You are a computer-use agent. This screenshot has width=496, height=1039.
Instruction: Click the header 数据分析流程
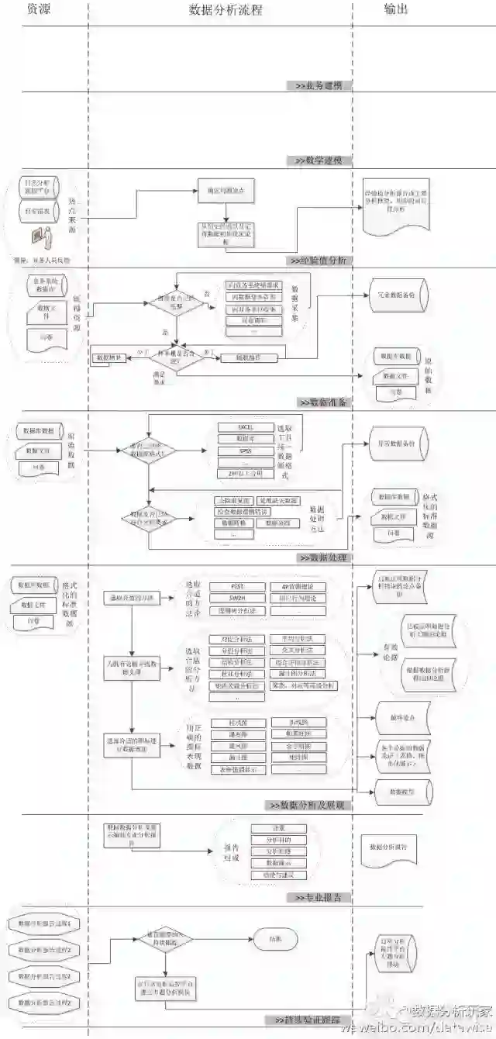(225, 9)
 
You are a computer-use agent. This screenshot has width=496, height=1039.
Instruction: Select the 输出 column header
(397, 9)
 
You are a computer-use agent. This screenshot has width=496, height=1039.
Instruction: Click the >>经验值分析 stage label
(319, 261)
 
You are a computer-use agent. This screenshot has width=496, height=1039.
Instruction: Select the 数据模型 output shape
(401, 792)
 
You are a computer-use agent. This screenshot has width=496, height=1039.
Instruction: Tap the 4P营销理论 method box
(298, 586)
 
